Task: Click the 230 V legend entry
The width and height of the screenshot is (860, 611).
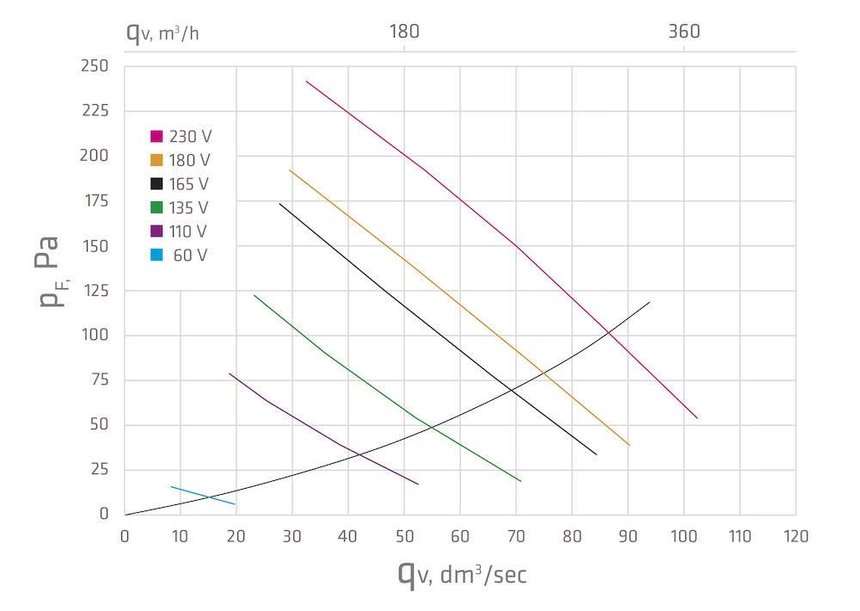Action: click(x=181, y=136)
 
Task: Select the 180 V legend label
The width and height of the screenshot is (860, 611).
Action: click(x=190, y=160)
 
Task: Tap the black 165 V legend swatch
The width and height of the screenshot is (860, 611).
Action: click(x=157, y=184)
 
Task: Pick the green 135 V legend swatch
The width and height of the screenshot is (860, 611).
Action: click(x=157, y=207)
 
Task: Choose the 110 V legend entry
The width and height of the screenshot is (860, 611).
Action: click(x=181, y=231)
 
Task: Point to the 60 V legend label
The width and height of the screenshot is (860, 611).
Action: click(x=190, y=256)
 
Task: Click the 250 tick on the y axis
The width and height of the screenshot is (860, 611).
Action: click(x=97, y=66)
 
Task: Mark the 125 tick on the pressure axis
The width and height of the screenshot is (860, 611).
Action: click(x=97, y=291)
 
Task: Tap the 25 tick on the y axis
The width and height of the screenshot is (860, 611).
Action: click(x=101, y=470)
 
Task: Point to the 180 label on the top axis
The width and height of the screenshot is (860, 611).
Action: click(x=404, y=33)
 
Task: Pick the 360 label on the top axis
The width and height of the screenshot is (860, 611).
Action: click(x=684, y=33)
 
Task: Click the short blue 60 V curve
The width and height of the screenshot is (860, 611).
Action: click(x=202, y=496)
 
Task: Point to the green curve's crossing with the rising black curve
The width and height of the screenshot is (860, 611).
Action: click(x=430, y=429)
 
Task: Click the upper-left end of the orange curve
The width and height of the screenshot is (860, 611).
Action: click(x=290, y=170)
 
